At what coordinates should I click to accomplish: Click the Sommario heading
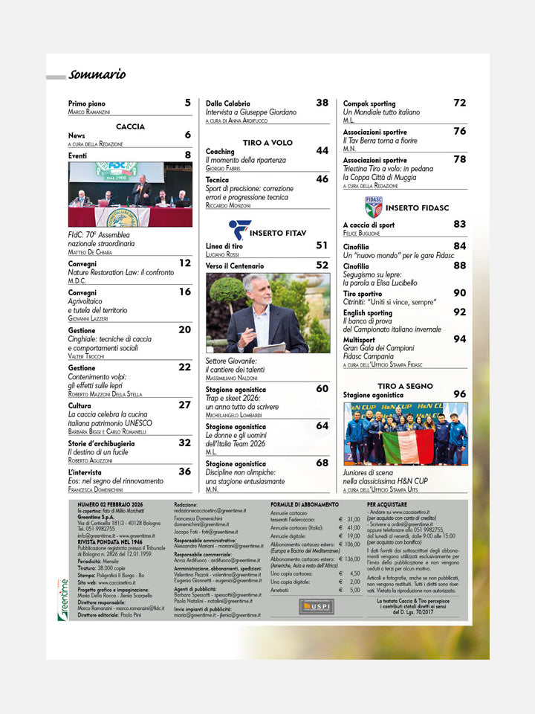97,74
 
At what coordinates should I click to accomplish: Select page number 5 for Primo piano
187,103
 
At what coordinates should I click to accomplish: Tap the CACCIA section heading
130,127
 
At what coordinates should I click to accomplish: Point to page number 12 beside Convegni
184,263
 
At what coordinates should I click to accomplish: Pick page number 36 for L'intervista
184,471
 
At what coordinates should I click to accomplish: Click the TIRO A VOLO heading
267,142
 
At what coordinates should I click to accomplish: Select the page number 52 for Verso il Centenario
322,265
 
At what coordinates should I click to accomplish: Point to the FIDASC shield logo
374,206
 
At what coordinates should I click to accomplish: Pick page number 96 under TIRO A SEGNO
460,394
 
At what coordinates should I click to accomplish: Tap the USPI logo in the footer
317,607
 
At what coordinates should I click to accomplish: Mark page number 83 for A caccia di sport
460,224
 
